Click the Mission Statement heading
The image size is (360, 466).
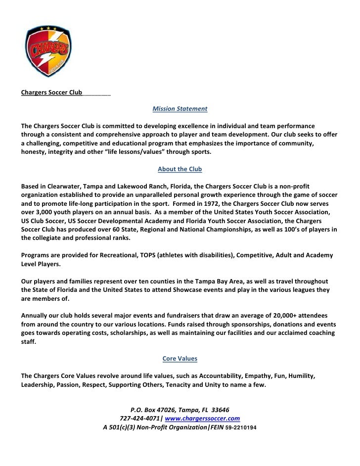(x=180, y=108)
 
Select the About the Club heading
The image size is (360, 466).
(x=180, y=169)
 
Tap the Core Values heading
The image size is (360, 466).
(x=180, y=358)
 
